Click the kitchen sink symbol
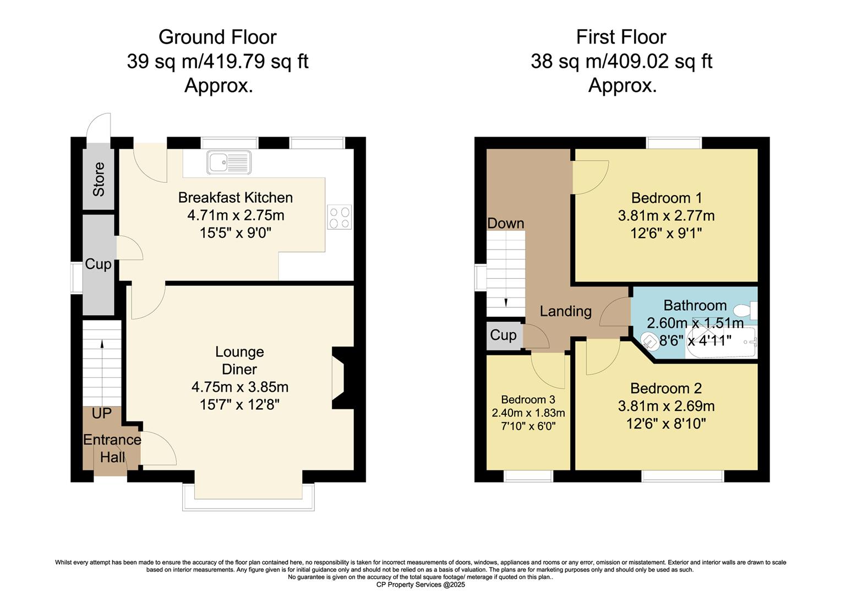[228, 163]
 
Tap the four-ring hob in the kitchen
[340, 217]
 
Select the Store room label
[99, 179]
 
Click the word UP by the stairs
[101, 414]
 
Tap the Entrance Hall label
[112, 448]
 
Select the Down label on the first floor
[505, 223]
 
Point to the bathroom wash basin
[650, 340]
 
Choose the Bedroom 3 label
[528, 400]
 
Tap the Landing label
[565, 311]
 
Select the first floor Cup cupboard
[503, 336]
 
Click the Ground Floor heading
[217, 37]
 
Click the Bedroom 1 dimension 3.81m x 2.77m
[666, 215]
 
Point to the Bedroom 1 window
[674, 143]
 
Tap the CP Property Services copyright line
[420, 585]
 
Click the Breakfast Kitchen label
[235, 197]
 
